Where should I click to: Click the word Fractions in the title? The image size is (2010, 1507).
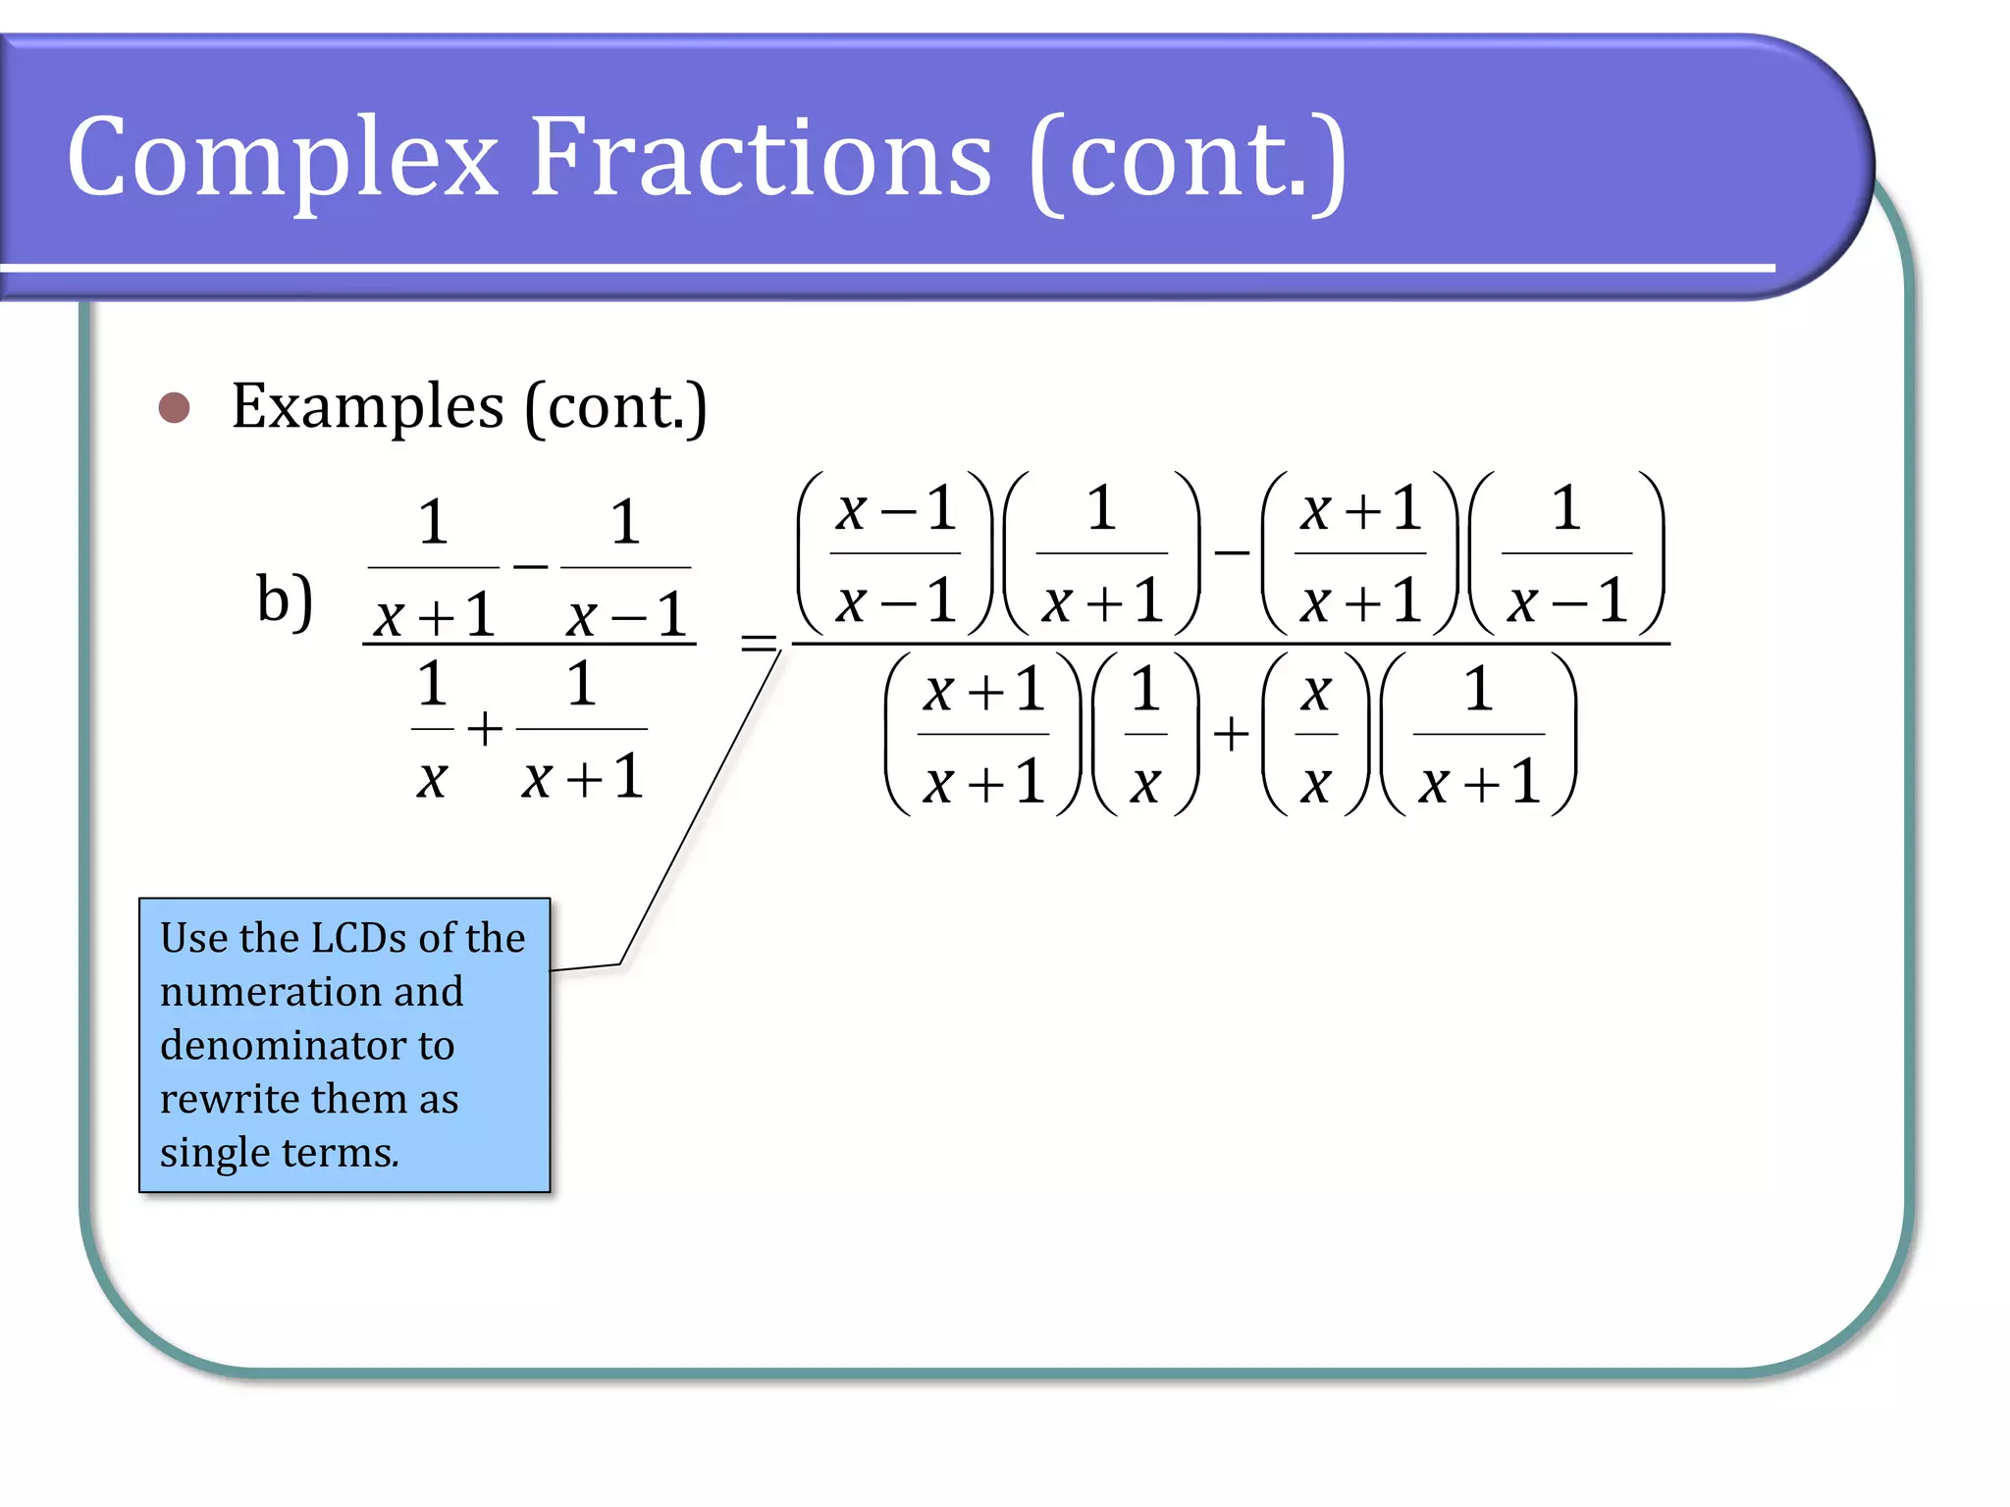coord(761,157)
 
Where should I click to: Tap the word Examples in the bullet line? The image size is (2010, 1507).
coord(367,406)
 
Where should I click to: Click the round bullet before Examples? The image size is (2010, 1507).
coord(174,407)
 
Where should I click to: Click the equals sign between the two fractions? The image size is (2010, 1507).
coord(758,644)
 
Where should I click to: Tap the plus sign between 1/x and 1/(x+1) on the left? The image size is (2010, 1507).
coord(484,730)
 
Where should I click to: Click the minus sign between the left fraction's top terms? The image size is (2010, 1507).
coord(530,566)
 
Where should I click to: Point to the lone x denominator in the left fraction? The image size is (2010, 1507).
coord(432,780)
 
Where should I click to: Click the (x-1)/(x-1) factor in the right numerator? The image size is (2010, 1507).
coord(895,554)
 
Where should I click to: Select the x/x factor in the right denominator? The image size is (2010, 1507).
coord(1315,735)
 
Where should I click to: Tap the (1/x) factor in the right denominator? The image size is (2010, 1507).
coord(1145,735)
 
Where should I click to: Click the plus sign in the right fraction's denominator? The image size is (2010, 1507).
coord(1231,734)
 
